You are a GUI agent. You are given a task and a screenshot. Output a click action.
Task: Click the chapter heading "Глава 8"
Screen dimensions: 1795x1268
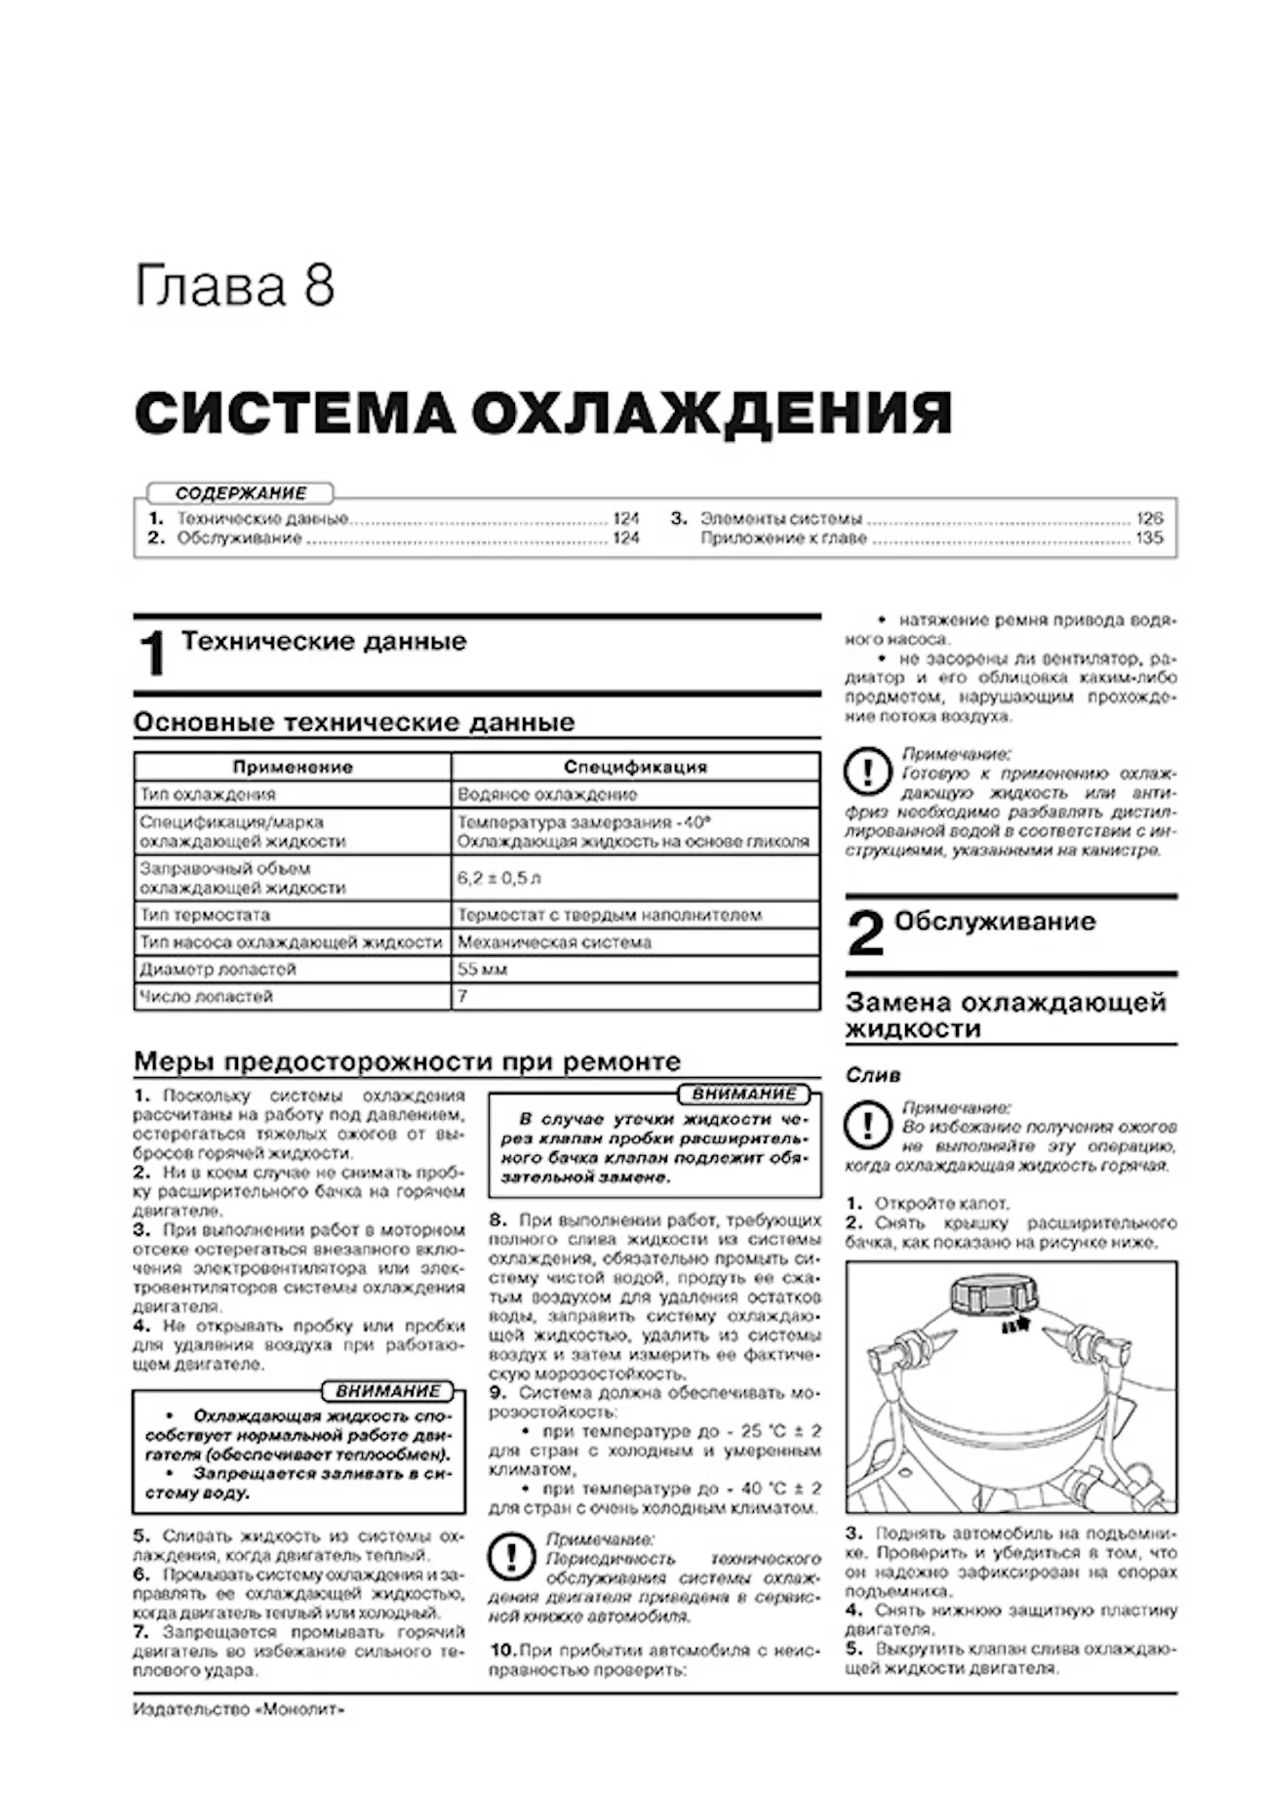pyautogui.click(x=234, y=286)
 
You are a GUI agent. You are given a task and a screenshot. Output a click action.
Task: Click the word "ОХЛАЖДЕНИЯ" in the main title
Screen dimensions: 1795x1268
pyautogui.click(x=711, y=413)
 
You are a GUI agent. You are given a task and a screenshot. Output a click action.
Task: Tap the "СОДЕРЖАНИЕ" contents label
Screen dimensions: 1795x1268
pyautogui.click(x=241, y=494)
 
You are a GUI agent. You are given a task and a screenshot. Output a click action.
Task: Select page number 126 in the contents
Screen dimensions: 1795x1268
pyautogui.click(x=1149, y=519)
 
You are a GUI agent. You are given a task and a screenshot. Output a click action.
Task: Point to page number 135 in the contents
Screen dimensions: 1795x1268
pyautogui.click(x=1149, y=538)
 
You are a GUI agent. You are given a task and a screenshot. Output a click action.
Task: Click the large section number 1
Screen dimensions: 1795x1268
pyautogui.click(x=152, y=654)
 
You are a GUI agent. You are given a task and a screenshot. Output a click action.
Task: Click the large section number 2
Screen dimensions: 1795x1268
pyautogui.click(x=865, y=934)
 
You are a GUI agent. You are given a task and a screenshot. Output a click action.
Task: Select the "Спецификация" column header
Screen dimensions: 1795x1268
pyautogui.click(x=635, y=767)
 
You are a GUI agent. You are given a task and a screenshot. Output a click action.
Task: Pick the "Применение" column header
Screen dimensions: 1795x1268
pyautogui.click(x=293, y=767)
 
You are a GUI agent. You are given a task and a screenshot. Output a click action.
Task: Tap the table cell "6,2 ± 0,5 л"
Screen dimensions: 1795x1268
pyautogui.click(x=498, y=878)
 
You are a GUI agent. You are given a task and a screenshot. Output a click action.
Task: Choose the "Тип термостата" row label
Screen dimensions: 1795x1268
pyautogui.click(x=205, y=915)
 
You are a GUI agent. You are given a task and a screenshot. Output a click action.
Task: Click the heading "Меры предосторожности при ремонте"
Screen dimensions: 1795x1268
pyautogui.click(x=407, y=1061)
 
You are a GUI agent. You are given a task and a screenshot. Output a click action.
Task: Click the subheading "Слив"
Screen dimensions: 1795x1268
pyautogui.click(x=873, y=1075)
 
